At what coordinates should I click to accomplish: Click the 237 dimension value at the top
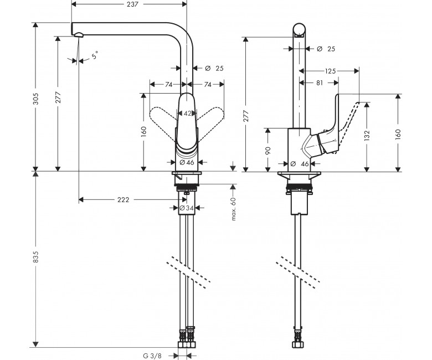click(x=132, y=4)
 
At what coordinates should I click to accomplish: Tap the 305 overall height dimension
click(x=36, y=99)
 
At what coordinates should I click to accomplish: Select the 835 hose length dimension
click(x=36, y=256)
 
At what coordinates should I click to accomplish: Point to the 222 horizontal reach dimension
click(x=123, y=200)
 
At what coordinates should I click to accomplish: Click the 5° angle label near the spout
click(x=95, y=55)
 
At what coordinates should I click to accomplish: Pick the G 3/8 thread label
click(x=152, y=356)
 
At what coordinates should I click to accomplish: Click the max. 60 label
click(x=234, y=209)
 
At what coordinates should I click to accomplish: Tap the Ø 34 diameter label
click(x=187, y=208)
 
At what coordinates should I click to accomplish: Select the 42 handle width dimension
click(x=187, y=113)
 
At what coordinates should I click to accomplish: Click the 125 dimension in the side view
click(x=330, y=71)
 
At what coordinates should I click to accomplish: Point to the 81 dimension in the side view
click(x=320, y=83)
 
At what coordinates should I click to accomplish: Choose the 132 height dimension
click(x=367, y=136)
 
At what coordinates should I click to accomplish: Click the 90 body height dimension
click(x=268, y=151)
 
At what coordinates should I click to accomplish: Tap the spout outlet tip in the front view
click(x=78, y=34)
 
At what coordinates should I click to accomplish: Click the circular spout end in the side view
click(x=299, y=30)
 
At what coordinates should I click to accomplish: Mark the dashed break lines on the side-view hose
click(x=298, y=272)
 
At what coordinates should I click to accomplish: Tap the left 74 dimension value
click(x=169, y=85)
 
